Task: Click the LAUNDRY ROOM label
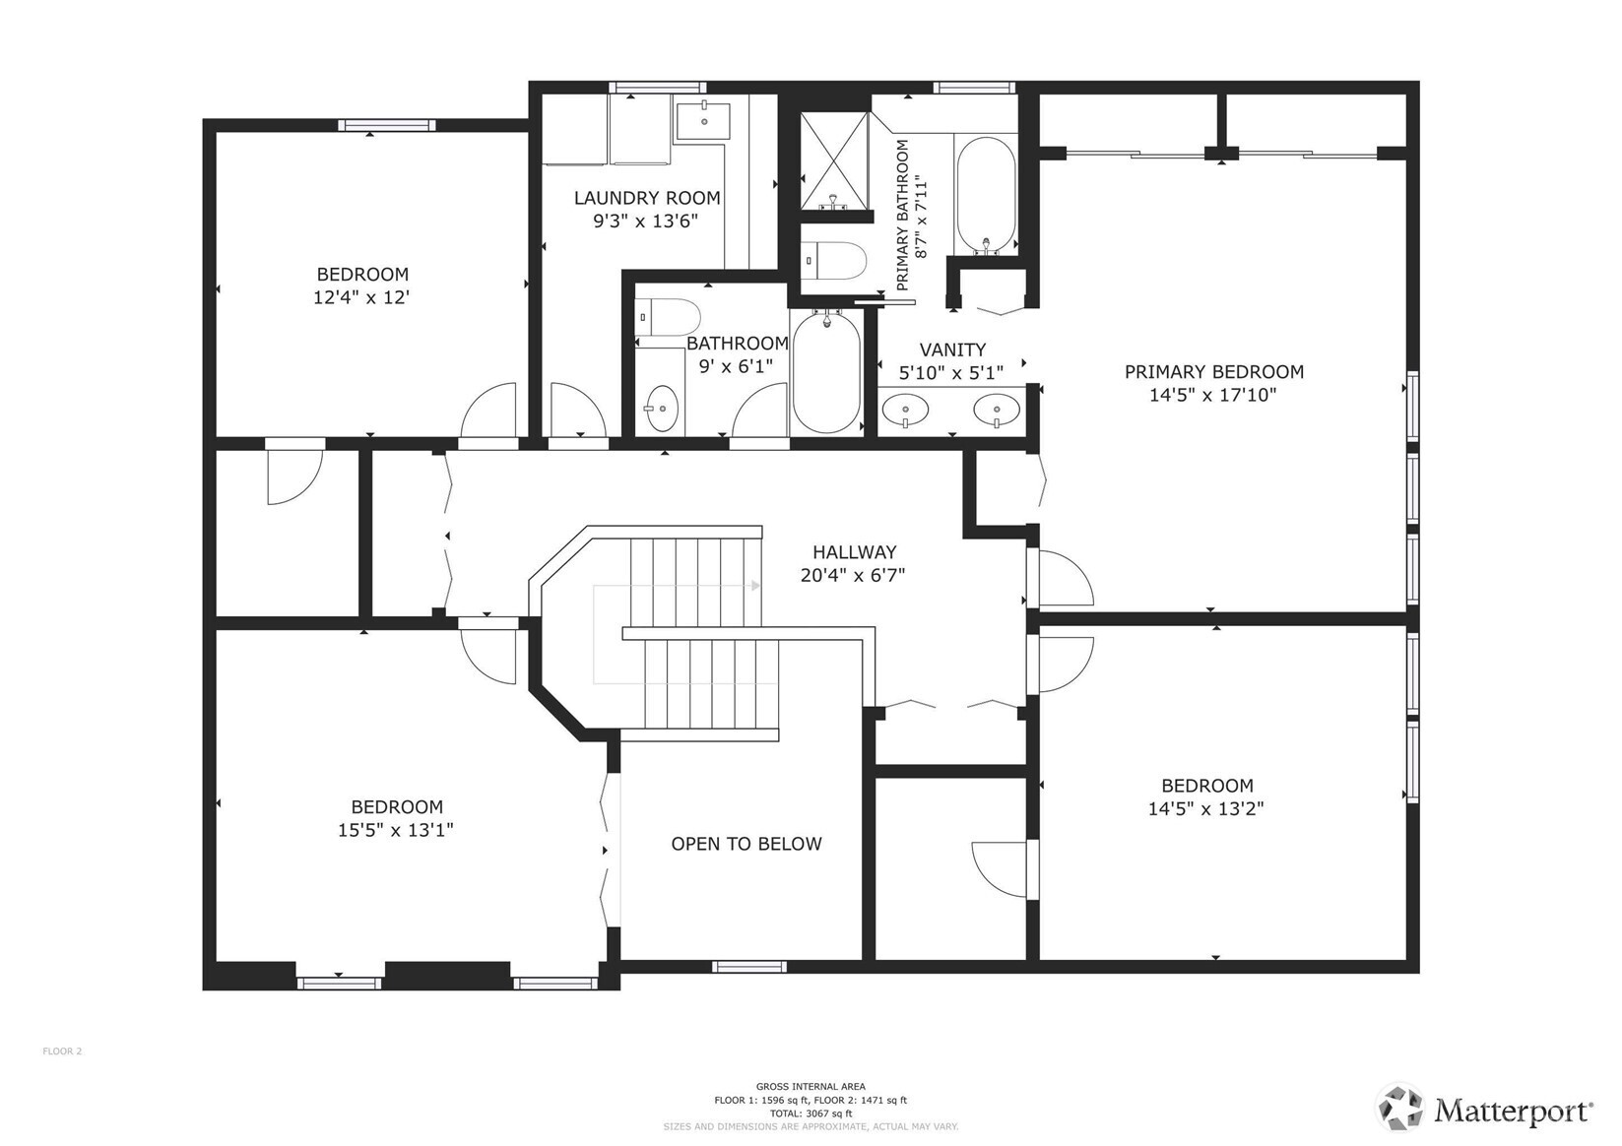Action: pos(647,198)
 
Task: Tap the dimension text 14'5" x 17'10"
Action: pos(1213,396)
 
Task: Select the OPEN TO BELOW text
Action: pos(746,844)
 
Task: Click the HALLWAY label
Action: pos(854,552)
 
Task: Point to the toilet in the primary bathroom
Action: pos(833,261)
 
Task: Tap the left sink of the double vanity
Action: pos(904,407)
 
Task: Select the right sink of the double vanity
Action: pos(996,407)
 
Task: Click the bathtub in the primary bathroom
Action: pos(986,193)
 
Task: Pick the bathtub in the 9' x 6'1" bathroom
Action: pos(826,371)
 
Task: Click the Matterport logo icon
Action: pos(1400,1110)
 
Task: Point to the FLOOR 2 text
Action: pos(62,1051)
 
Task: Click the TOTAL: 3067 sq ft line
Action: pos(811,1114)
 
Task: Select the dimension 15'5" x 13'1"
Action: pos(395,830)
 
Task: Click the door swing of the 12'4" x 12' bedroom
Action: pos(489,411)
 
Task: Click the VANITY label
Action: pos(952,350)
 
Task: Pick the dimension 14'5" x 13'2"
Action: pos(1205,809)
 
